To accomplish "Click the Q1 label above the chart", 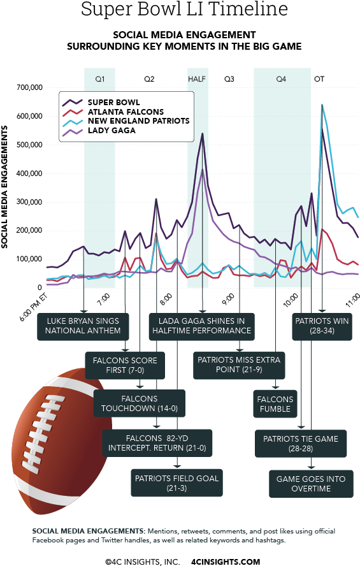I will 100,79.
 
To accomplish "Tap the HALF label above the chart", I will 197,79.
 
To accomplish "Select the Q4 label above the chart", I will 281,79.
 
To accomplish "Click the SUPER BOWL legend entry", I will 113,102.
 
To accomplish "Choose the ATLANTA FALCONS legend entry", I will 125,112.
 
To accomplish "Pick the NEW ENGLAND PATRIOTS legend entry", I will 138,121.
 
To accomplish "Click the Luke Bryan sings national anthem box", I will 83,326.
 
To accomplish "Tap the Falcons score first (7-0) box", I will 125,365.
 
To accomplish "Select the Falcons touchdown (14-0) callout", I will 140,403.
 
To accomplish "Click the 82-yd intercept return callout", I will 157,443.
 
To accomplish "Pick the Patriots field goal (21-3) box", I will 176,483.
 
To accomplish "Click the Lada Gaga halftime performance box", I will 201,326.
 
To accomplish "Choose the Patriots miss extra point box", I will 239,365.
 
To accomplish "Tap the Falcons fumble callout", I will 275,404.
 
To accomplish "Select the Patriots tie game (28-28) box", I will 301,444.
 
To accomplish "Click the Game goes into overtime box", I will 310,483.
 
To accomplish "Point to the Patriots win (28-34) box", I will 322,326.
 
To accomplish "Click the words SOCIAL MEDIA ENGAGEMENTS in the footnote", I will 87,531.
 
